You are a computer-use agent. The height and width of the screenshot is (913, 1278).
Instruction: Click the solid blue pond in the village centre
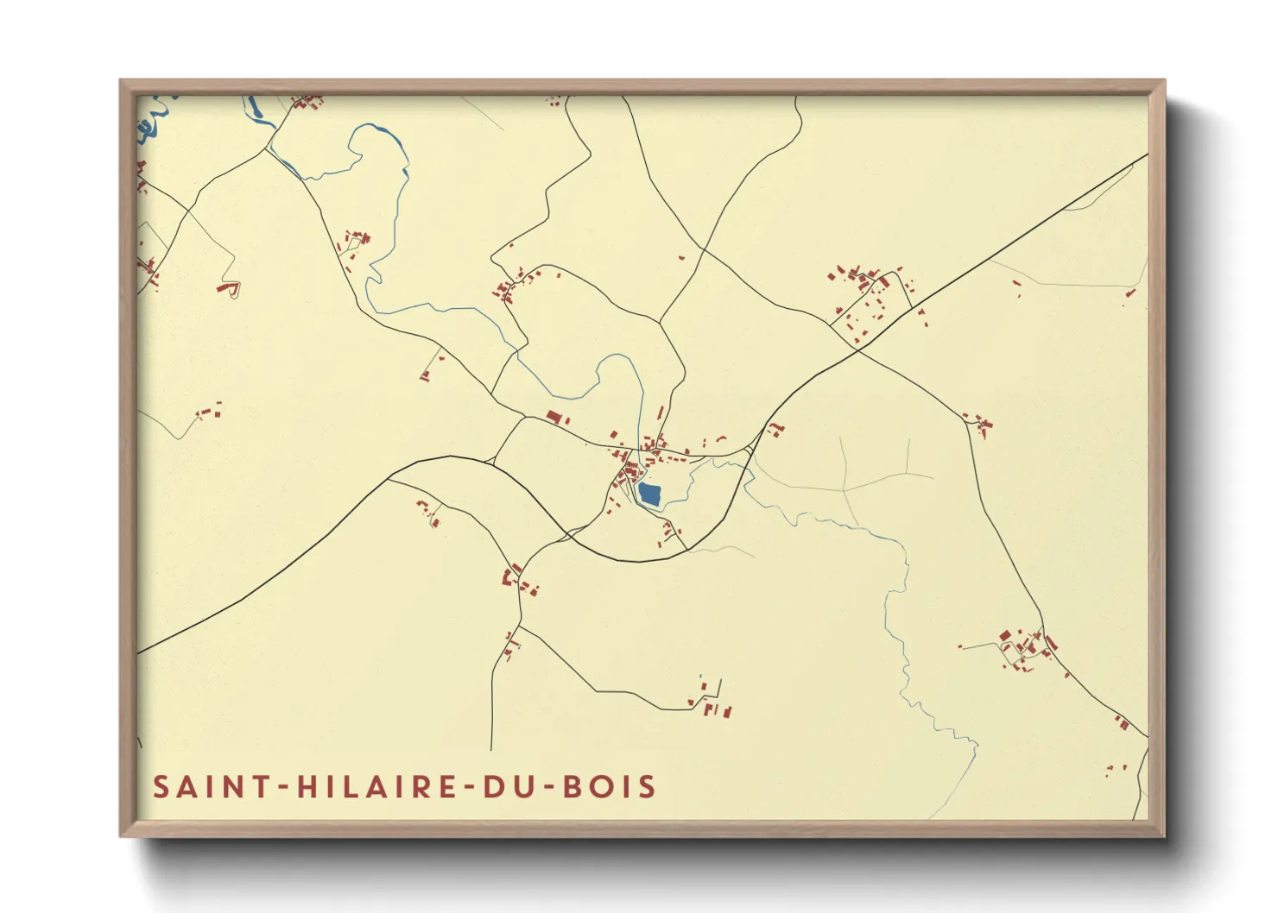point(649,494)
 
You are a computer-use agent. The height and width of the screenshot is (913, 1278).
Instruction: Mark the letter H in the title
point(307,787)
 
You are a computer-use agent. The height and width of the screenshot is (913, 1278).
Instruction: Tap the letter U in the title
point(518,787)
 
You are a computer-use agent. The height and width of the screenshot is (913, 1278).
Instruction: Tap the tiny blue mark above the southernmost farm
point(701,676)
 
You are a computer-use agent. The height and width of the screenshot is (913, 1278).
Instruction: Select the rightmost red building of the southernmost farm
point(728,713)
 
